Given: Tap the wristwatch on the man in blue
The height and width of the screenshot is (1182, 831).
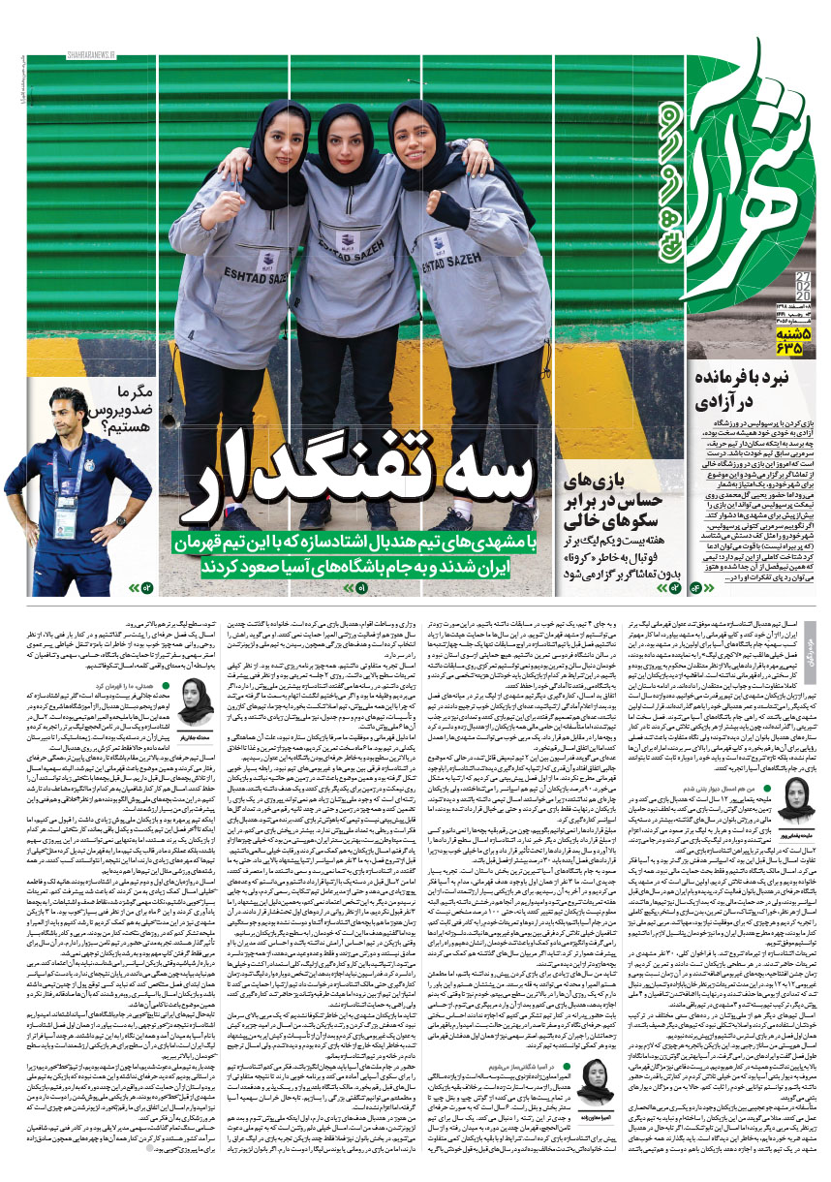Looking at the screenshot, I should [121, 521].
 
